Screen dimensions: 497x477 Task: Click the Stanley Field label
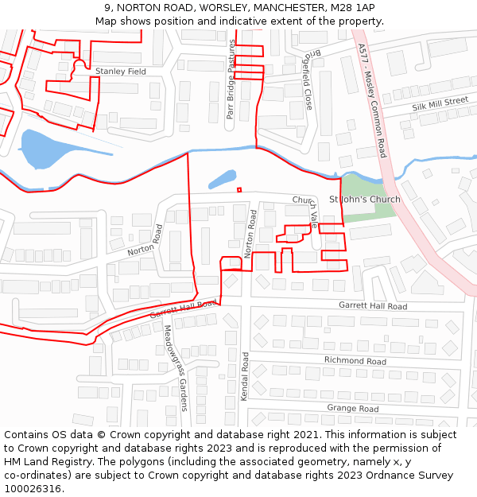point(121,72)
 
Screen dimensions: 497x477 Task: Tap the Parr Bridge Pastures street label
point(231,80)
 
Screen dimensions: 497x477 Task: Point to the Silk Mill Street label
point(440,104)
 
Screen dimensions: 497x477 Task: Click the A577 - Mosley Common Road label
point(372,100)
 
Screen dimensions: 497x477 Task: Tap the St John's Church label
point(365,199)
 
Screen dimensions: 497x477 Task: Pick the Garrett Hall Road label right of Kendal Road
point(372,306)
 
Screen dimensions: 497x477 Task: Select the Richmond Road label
point(355,361)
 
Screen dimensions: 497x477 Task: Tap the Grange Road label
point(352,409)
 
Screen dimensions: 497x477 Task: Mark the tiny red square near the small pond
point(239,189)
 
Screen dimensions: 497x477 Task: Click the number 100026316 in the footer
point(32,489)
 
